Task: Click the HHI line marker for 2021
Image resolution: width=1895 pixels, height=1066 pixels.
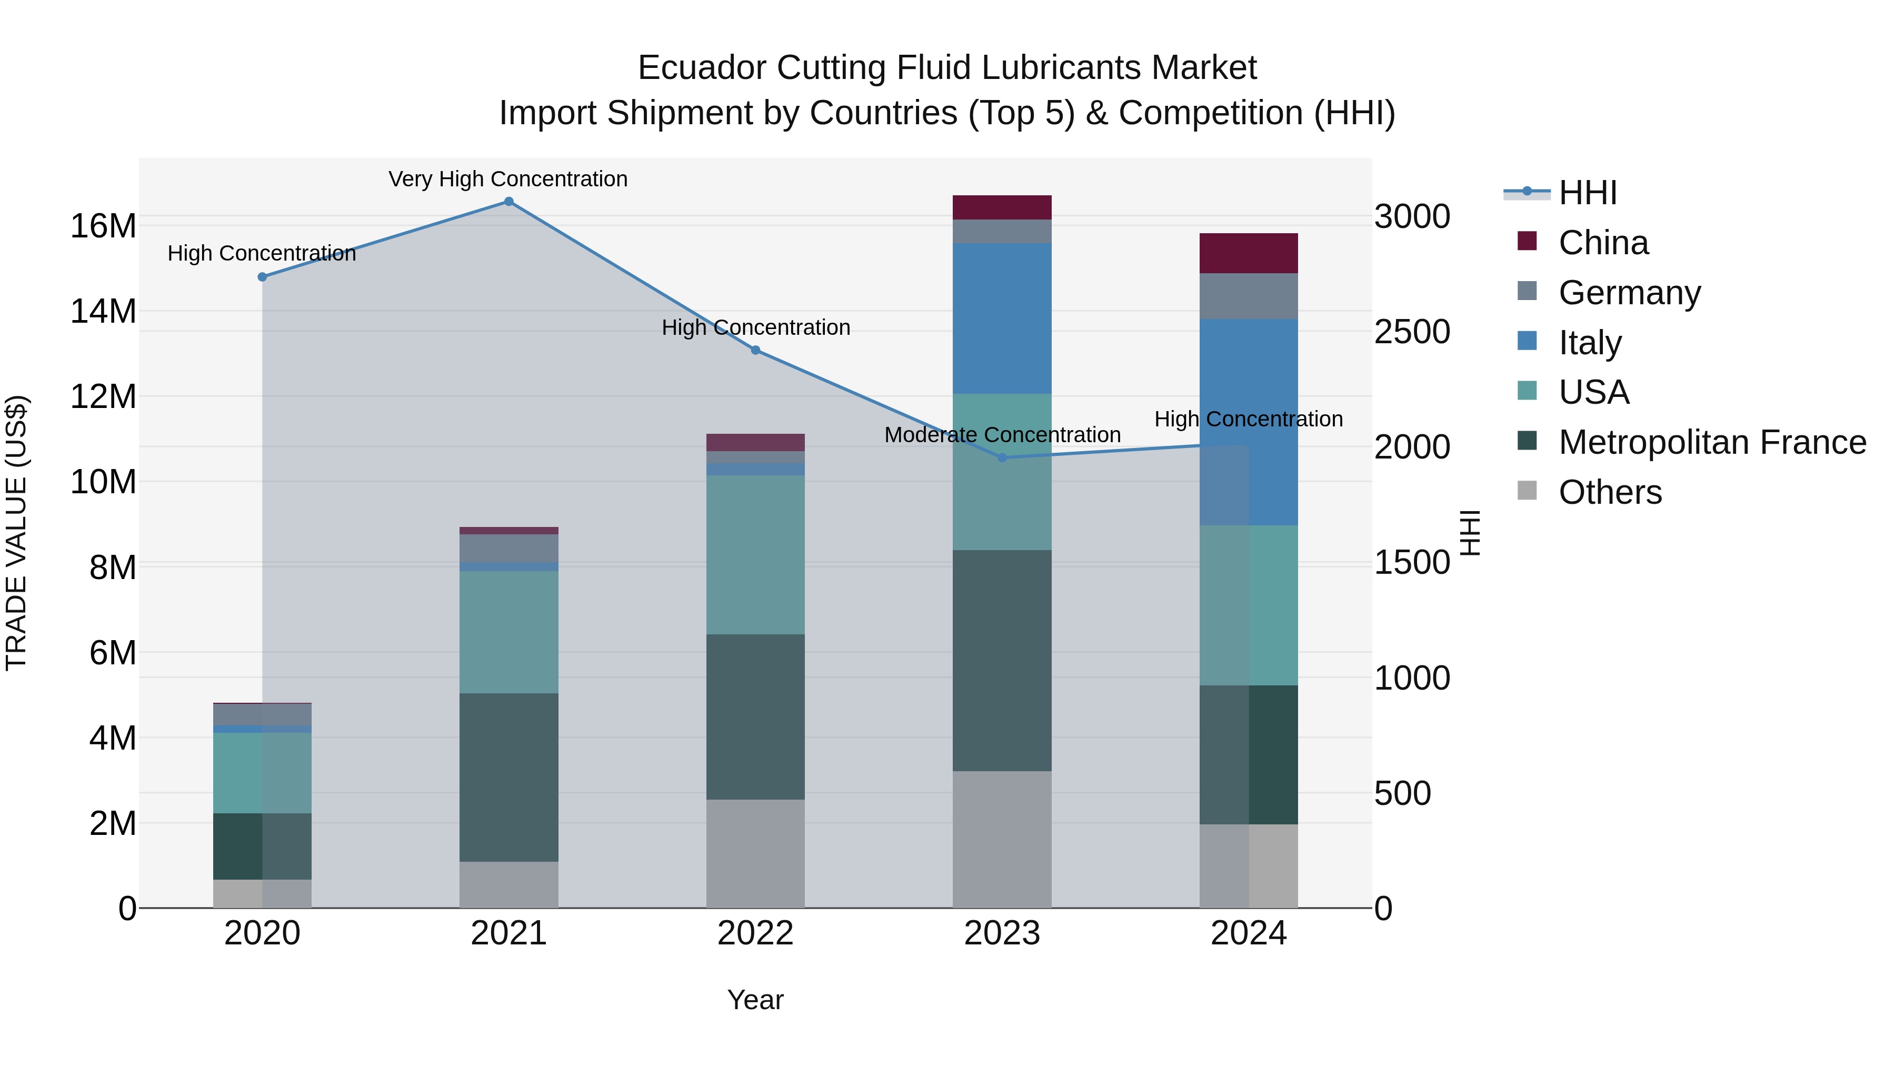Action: tap(508, 202)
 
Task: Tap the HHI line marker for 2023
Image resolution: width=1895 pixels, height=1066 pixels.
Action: tap(1001, 457)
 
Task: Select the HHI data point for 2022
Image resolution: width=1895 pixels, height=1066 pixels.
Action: tap(755, 350)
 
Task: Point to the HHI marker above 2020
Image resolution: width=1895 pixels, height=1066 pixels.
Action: tap(262, 276)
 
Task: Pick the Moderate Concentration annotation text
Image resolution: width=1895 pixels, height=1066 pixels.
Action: tap(1002, 435)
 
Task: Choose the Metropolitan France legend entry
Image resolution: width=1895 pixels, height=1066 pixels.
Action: tap(1711, 442)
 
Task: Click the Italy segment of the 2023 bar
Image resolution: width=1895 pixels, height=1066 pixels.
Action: tap(1001, 318)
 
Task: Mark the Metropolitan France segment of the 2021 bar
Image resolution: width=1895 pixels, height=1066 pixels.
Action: tap(508, 777)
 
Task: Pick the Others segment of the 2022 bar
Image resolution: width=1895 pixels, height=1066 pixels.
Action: tap(755, 853)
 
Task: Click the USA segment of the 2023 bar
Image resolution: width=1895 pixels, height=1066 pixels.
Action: tap(1001, 472)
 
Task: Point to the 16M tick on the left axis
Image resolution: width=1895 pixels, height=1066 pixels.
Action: tap(103, 226)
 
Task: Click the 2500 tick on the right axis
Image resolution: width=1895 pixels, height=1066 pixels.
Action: tap(1412, 332)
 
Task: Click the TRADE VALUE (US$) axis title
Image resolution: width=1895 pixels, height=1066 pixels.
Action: tap(16, 533)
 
